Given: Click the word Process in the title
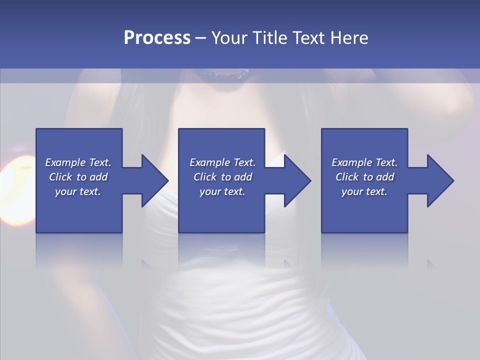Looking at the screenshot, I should click(157, 38).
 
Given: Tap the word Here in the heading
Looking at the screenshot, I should click(349, 38).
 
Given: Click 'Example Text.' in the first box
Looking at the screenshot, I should click(78, 162).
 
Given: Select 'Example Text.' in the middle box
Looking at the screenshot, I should click(222, 162).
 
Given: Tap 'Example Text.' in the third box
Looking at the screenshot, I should click(364, 162).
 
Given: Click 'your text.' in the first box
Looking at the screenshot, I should click(78, 191).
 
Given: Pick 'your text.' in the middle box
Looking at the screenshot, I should click(222, 191).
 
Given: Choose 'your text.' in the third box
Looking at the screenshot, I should click(364, 191).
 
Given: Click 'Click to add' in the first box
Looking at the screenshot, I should click(78, 177).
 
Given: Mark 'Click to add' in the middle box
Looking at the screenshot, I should click(222, 177).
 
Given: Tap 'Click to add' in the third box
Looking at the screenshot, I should click(364, 177).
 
